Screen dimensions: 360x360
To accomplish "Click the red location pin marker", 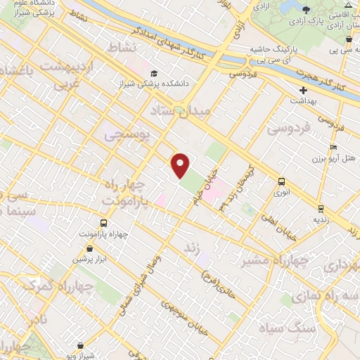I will pyautogui.click(x=181, y=165).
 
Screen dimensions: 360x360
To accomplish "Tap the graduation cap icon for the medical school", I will pyautogui.click(x=154, y=74).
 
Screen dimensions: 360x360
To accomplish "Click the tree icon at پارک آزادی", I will pyautogui.click(x=306, y=9).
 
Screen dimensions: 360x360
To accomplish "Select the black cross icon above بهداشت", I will pyautogui.click(x=304, y=91).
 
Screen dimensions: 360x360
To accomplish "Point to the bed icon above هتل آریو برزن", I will pyautogui.click(x=333, y=147).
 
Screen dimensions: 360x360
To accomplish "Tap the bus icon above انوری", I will pyautogui.click(x=281, y=181).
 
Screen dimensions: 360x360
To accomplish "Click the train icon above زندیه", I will pyautogui.click(x=321, y=208).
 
